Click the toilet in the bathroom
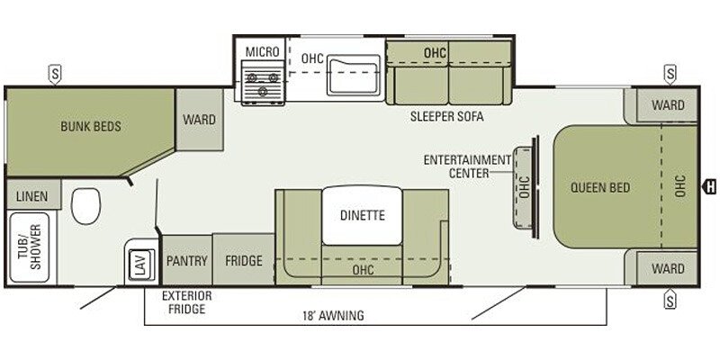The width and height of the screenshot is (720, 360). coord(85,206)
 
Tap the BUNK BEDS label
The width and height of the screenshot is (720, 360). coord(91,126)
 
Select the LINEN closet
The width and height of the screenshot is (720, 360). coord(32,196)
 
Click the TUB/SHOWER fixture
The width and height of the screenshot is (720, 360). coord(30,247)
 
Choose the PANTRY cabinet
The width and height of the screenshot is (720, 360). coord(187,261)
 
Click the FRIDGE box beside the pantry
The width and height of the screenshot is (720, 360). coord(244,260)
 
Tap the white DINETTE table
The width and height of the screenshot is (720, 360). coord(363,215)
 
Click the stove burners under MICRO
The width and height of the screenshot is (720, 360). coord(263,83)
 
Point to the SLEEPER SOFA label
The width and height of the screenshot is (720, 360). coord(446,116)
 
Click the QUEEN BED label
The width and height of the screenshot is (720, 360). coord(600,187)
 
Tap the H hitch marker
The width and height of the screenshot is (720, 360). coord(709,187)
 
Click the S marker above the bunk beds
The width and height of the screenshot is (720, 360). coord(55,75)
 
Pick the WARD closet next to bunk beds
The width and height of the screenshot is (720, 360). coord(200,120)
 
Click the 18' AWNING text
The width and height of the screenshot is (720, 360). coord(333,316)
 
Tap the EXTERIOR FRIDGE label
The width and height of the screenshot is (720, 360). coord(187,302)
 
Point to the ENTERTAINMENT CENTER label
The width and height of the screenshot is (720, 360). coord(467,166)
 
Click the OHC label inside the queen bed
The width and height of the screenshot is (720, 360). coord(680,186)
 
